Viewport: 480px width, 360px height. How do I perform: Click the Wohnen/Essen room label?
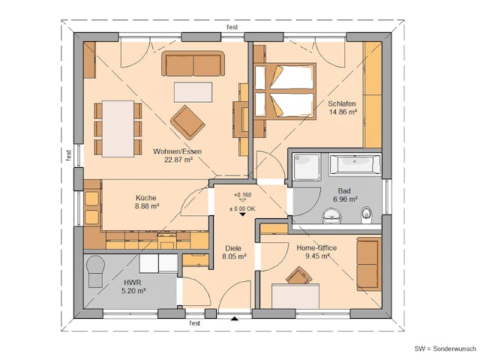coord(178,151)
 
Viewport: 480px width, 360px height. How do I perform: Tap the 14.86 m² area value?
coord(343,112)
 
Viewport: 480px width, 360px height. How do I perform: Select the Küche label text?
coord(146,198)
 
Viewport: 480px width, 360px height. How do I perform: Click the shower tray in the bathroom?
coord(306,166)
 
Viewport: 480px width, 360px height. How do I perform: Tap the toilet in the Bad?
coord(367,215)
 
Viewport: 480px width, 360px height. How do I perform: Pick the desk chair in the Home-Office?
coord(297,276)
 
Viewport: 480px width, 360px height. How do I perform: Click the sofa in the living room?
coord(194,64)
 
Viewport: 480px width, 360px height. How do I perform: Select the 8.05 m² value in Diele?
coord(234,256)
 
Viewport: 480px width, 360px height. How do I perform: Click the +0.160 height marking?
coord(242,194)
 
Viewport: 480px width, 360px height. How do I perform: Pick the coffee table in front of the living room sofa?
coord(193,91)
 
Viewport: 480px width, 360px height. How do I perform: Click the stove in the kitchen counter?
coord(166,241)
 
